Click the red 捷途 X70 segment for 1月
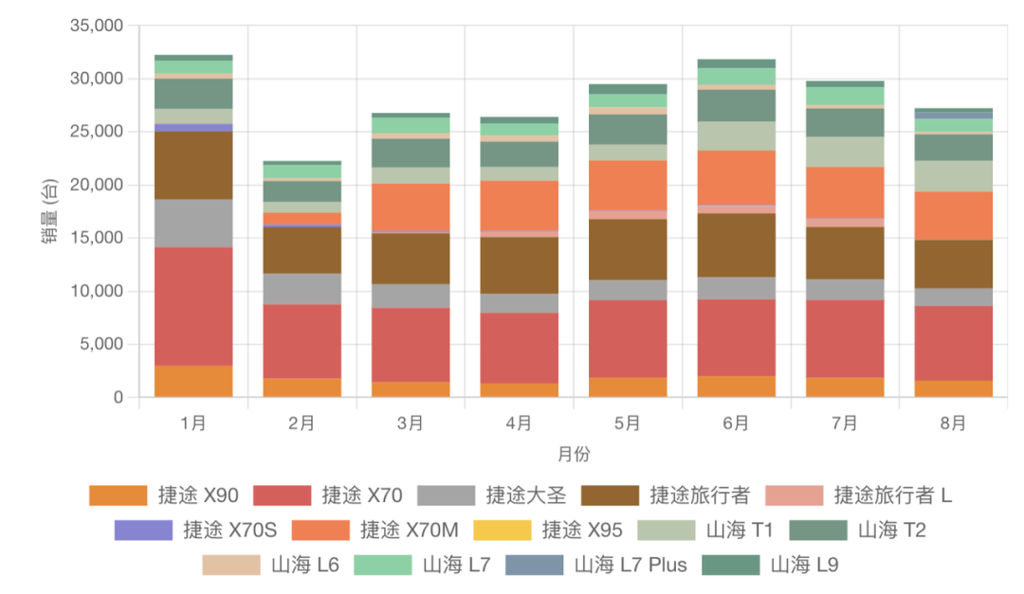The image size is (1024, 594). [x=193, y=306]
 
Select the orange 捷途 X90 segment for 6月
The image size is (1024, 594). [x=735, y=386]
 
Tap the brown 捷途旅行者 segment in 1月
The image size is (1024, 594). [x=193, y=165]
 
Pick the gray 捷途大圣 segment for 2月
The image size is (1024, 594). [x=302, y=289]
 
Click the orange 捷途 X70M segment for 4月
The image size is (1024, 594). [x=519, y=206]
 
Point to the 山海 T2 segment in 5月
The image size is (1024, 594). [x=627, y=129]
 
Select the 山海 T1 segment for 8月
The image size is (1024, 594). [x=952, y=176]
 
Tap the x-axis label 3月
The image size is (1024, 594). [x=411, y=423]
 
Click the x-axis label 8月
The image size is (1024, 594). [x=952, y=423]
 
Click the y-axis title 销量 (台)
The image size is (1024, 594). [x=49, y=211]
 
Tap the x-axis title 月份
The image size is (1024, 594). [x=573, y=455]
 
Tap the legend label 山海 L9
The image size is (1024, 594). [x=804, y=565]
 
